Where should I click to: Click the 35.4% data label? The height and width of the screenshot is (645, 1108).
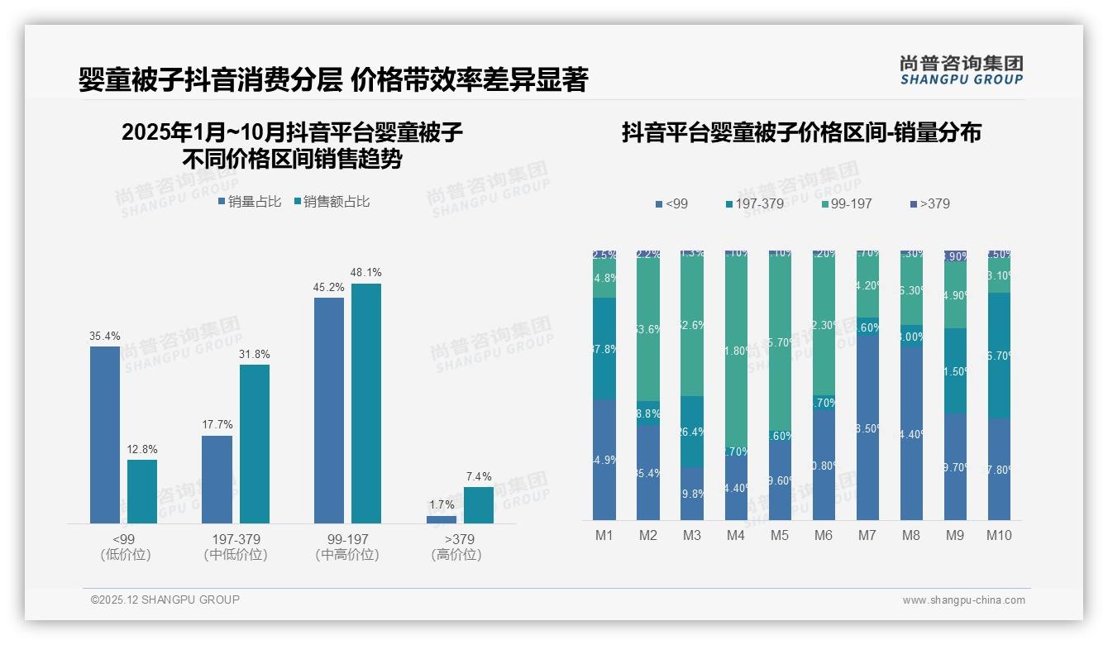(105, 336)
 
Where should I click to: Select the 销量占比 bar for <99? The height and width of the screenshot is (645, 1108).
(105, 435)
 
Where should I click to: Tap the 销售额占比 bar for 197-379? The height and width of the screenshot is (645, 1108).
(255, 444)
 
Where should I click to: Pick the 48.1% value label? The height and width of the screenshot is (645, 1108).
(366, 272)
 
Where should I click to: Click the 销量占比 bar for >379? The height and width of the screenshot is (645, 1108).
(442, 519)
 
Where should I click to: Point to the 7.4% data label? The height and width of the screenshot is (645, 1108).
(478, 476)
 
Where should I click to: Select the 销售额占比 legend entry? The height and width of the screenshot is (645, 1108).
(332, 202)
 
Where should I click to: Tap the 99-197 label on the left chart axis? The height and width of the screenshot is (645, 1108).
(347, 539)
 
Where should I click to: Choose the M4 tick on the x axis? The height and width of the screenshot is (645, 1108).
(736, 535)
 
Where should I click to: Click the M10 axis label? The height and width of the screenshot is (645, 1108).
(999, 535)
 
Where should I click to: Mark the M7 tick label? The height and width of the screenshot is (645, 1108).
(867, 535)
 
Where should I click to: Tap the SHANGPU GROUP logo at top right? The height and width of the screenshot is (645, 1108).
(962, 70)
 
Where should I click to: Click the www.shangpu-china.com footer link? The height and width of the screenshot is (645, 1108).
(963, 600)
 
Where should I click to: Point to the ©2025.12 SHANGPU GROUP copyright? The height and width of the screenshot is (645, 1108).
(165, 600)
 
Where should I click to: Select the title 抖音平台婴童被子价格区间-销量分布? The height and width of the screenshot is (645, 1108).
(801, 132)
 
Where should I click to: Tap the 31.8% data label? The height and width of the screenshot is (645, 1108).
(255, 354)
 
